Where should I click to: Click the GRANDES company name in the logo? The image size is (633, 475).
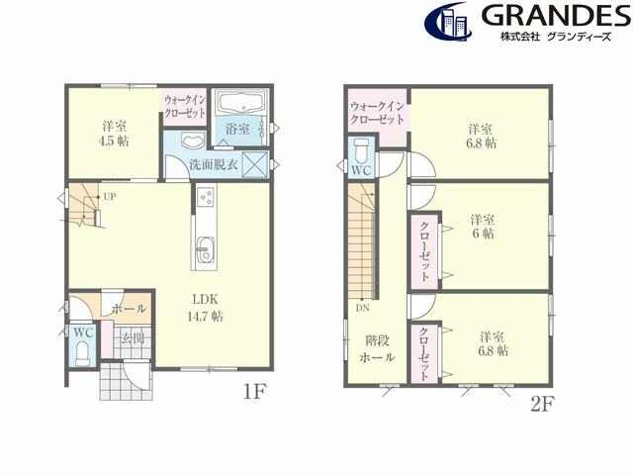pos(556,16)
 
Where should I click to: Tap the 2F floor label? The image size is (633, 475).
pos(542,404)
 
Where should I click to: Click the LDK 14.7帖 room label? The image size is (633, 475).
pos(205,308)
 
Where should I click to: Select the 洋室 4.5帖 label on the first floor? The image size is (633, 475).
pos(115,134)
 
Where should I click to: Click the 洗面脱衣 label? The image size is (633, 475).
pos(214,165)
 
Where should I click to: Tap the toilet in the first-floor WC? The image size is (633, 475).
pos(83,353)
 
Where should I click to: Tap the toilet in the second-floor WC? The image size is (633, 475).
pos(361,149)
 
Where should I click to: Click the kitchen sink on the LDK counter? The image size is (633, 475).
pos(205,250)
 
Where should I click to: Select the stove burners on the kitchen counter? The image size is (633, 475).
pos(206,197)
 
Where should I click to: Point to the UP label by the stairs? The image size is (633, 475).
pos(110,197)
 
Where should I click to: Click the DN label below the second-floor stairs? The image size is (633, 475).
pos(363,308)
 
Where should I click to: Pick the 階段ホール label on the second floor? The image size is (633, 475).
pos(377,349)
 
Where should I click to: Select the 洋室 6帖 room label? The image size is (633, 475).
pos(483,227)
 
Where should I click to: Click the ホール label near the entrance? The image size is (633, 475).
pos(129,309)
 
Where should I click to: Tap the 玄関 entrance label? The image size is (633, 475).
pos(134,337)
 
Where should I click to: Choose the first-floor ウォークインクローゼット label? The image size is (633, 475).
pos(185,106)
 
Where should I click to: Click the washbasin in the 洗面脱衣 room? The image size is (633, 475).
pos(193,142)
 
